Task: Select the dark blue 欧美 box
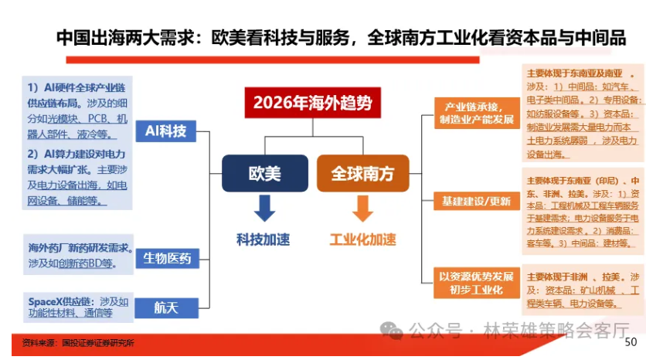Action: coord(264,173)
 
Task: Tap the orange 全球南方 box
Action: coord(362,173)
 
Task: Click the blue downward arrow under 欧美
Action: coord(264,208)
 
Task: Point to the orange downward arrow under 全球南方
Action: coord(362,208)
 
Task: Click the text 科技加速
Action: coord(263,239)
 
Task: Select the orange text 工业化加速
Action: coord(362,239)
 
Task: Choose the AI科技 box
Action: coord(165,131)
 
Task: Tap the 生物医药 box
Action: coord(166,258)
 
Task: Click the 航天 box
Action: coord(166,307)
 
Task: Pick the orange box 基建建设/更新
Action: coord(476,202)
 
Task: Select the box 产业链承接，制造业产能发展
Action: coord(476,113)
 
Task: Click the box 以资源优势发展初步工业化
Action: coord(476,283)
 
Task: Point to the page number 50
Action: coord(631,341)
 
